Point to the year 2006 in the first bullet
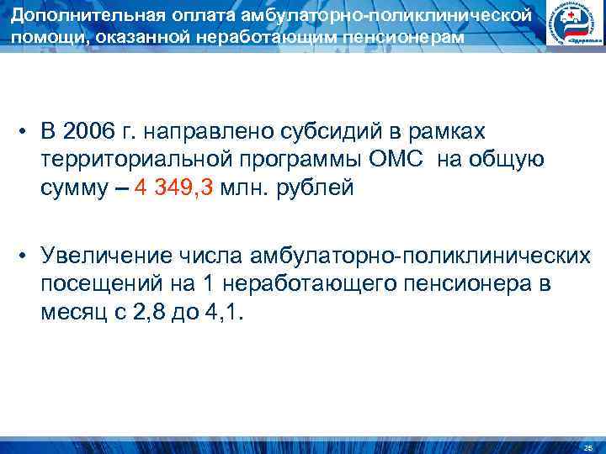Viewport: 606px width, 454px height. click(86, 131)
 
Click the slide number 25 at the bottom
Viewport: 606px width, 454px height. click(587, 445)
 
